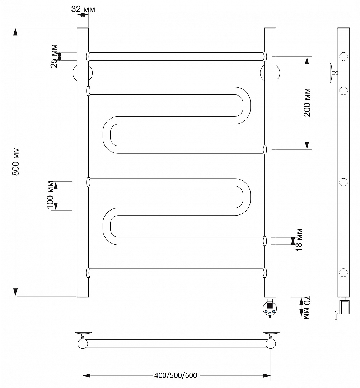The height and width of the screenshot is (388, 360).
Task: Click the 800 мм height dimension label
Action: point(15,161)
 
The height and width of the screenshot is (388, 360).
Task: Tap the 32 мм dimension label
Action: point(83,9)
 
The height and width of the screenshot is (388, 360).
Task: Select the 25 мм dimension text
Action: point(54,56)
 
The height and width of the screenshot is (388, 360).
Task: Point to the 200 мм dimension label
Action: point(307,102)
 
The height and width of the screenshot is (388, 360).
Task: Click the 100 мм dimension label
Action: point(50,195)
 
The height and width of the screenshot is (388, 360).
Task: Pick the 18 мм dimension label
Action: point(299,240)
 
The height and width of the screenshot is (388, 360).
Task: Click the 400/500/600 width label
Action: point(176,375)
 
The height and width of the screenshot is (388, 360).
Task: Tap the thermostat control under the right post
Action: point(270,308)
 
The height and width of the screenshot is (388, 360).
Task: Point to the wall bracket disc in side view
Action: point(331,73)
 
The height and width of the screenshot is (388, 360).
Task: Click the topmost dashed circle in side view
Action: point(343,57)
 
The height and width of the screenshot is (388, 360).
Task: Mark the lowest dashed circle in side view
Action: point(343,272)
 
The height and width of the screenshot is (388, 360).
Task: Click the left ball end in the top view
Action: point(83,344)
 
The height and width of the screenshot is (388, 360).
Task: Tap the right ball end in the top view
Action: point(271,344)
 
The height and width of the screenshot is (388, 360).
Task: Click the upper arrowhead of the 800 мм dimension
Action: point(15,32)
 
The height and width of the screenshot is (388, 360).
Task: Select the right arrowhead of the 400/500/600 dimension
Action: point(267,376)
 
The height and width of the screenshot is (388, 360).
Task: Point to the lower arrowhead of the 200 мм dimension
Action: point(307,145)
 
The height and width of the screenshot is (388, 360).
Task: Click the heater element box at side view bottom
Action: point(345,307)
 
